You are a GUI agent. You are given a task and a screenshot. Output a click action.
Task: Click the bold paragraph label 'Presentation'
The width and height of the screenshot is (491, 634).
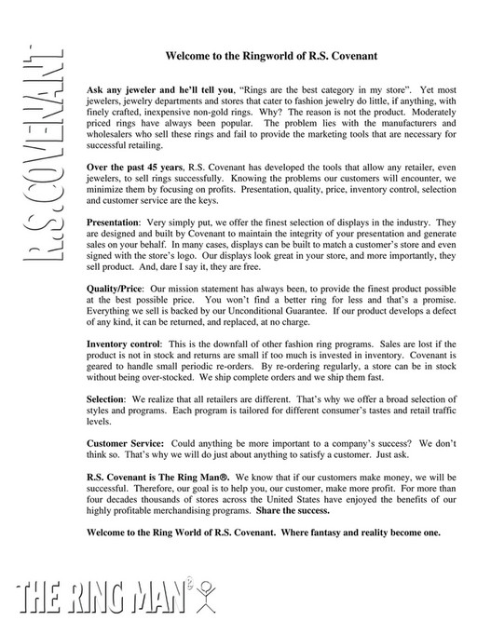point(113,223)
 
